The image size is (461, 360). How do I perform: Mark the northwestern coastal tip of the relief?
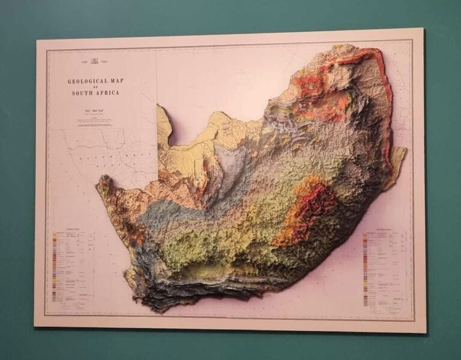103,179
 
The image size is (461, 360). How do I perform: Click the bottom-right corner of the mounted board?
425,332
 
